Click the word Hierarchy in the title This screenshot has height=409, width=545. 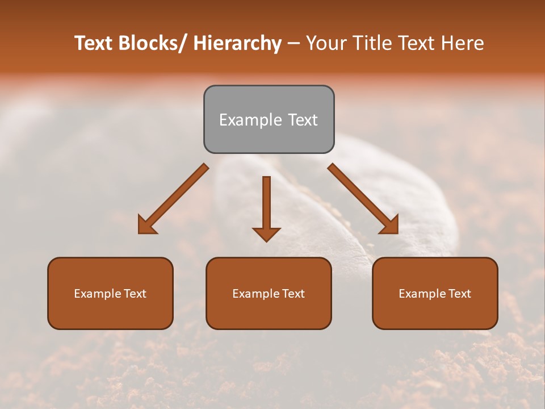tap(238, 43)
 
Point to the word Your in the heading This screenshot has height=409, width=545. tap(326, 43)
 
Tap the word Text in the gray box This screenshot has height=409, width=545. tap(302, 120)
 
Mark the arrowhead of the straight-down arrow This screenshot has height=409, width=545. tap(266, 233)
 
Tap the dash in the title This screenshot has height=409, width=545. tap(294, 43)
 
